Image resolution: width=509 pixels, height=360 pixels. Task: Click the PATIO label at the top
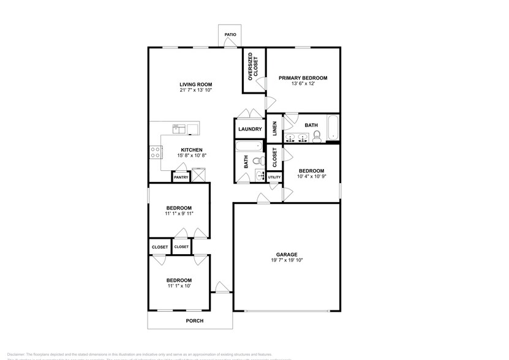(x=230, y=35)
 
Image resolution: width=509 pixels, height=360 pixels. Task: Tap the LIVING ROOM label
(x=195, y=84)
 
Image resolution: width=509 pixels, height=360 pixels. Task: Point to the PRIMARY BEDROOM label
(x=303, y=78)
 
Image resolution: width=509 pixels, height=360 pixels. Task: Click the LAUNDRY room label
(x=250, y=129)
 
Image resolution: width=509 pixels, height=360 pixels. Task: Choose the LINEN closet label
(x=274, y=129)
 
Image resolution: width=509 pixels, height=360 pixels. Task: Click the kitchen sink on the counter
(x=179, y=129)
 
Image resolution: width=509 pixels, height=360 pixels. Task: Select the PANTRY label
(x=181, y=178)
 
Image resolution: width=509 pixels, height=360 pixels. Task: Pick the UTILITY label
(x=274, y=178)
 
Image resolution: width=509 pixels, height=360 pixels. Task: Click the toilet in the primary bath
(x=317, y=135)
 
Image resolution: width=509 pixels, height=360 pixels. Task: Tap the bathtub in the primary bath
(x=333, y=127)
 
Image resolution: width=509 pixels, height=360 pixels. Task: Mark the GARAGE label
(x=286, y=254)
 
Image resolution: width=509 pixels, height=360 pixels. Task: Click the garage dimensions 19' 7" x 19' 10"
(x=286, y=260)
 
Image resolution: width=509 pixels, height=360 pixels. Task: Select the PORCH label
(x=195, y=321)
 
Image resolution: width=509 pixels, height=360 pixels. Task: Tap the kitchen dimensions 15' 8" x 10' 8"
(x=191, y=156)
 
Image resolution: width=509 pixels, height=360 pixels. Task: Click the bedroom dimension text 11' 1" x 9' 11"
(x=179, y=214)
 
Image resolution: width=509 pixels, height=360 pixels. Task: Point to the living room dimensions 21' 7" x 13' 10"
(x=195, y=91)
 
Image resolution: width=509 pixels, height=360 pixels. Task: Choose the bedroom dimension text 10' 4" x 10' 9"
(x=311, y=177)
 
